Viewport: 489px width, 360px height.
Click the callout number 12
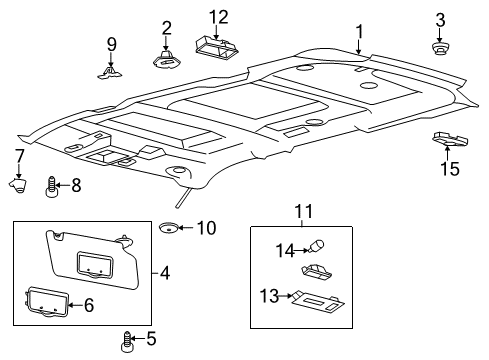click(x=218, y=17)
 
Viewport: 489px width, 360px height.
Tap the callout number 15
click(x=450, y=168)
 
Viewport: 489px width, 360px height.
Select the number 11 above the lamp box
click(x=304, y=211)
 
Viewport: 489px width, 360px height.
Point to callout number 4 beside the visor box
click(x=165, y=273)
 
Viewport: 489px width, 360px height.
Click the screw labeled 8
click(x=51, y=187)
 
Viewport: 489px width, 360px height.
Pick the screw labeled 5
click(x=126, y=341)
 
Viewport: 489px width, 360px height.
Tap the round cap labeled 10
click(x=168, y=228)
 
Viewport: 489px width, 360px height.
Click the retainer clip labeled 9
click(x=109, y=73)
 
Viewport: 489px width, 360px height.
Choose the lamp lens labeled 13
click(x=318, y=302)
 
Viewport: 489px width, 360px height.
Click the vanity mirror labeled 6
click(x=47, y=301)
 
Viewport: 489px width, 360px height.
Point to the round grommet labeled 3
click(x=440, y=49)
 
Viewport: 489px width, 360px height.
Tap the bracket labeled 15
click(x=450, y=139)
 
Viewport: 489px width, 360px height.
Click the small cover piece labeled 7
click(x=18, y=185)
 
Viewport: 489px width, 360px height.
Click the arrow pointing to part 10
click(x=186, y=228)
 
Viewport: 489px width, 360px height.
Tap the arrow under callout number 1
click(x=359, y=47)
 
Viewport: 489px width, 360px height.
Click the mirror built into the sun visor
click(x=95, y=264)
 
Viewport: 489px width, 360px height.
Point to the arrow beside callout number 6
click(x=76, y=305)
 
